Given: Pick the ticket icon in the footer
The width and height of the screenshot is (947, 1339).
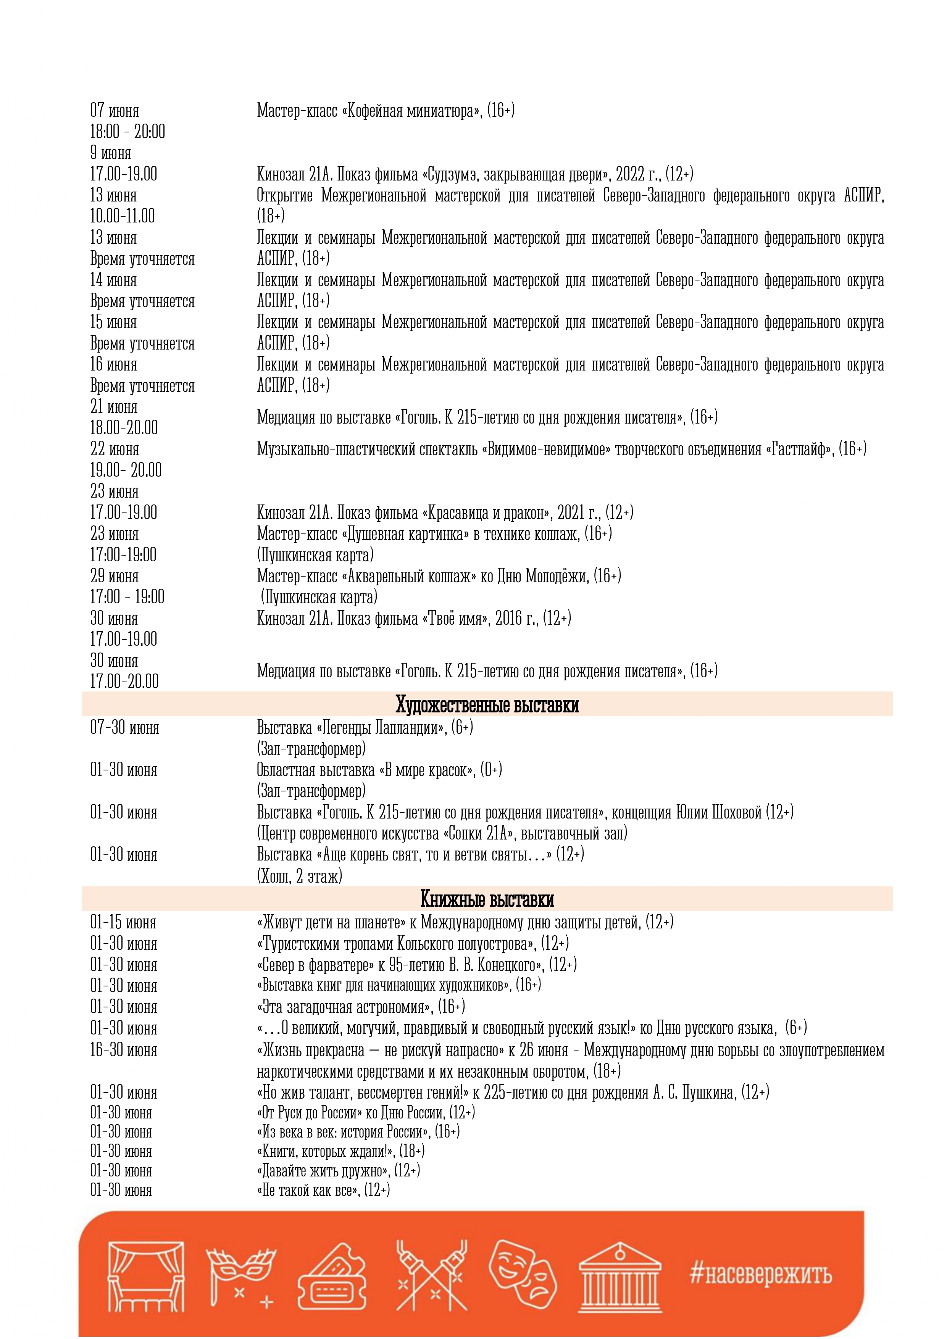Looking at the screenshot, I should coord(332,1277).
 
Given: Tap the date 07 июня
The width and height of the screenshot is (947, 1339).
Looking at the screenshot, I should coord(115,110).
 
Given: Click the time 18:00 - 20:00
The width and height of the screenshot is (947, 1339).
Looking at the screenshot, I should coord(127,132).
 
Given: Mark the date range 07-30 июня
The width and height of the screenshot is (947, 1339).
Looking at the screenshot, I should coord(124,728).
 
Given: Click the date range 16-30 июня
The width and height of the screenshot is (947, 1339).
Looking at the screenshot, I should coord(124,1050).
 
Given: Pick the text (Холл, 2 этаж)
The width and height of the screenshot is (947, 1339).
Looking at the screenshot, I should coord(299,876).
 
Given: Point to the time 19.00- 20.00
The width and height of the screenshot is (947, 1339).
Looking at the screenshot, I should coord(126,470).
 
